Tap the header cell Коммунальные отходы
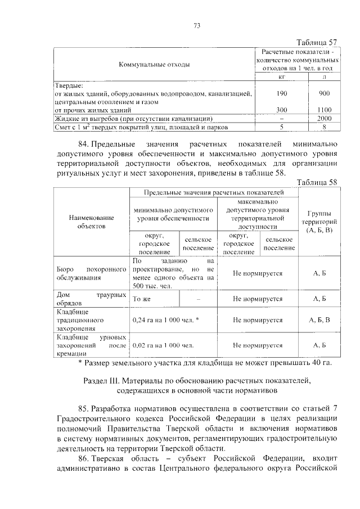point(154,65)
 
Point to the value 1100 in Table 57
point(324,110)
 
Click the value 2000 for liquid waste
point(324,119)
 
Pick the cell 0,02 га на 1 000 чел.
point(163,345)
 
